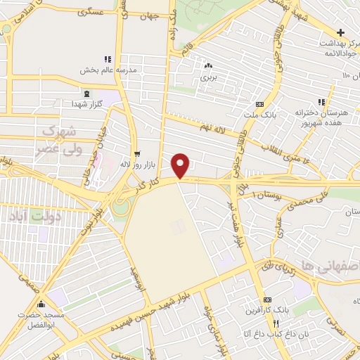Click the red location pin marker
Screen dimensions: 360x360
(181, 165)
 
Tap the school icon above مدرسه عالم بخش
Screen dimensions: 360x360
(107, 60)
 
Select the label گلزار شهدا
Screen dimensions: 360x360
(87, 104)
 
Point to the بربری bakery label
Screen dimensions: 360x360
(208, 77)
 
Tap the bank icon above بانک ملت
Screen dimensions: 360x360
(259, 105)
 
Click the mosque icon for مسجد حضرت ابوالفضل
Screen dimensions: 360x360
(41, 305)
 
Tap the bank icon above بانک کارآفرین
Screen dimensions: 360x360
(266, 300)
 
